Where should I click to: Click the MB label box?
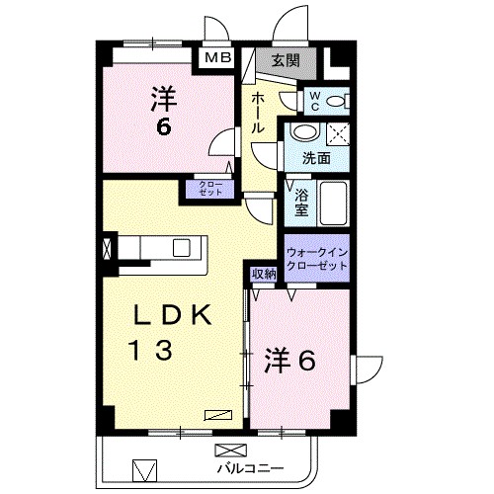click(218, 58)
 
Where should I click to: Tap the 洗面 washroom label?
click(316, 157)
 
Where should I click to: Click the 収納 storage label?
click(262, 274)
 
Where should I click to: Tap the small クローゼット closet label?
click(210, 191)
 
